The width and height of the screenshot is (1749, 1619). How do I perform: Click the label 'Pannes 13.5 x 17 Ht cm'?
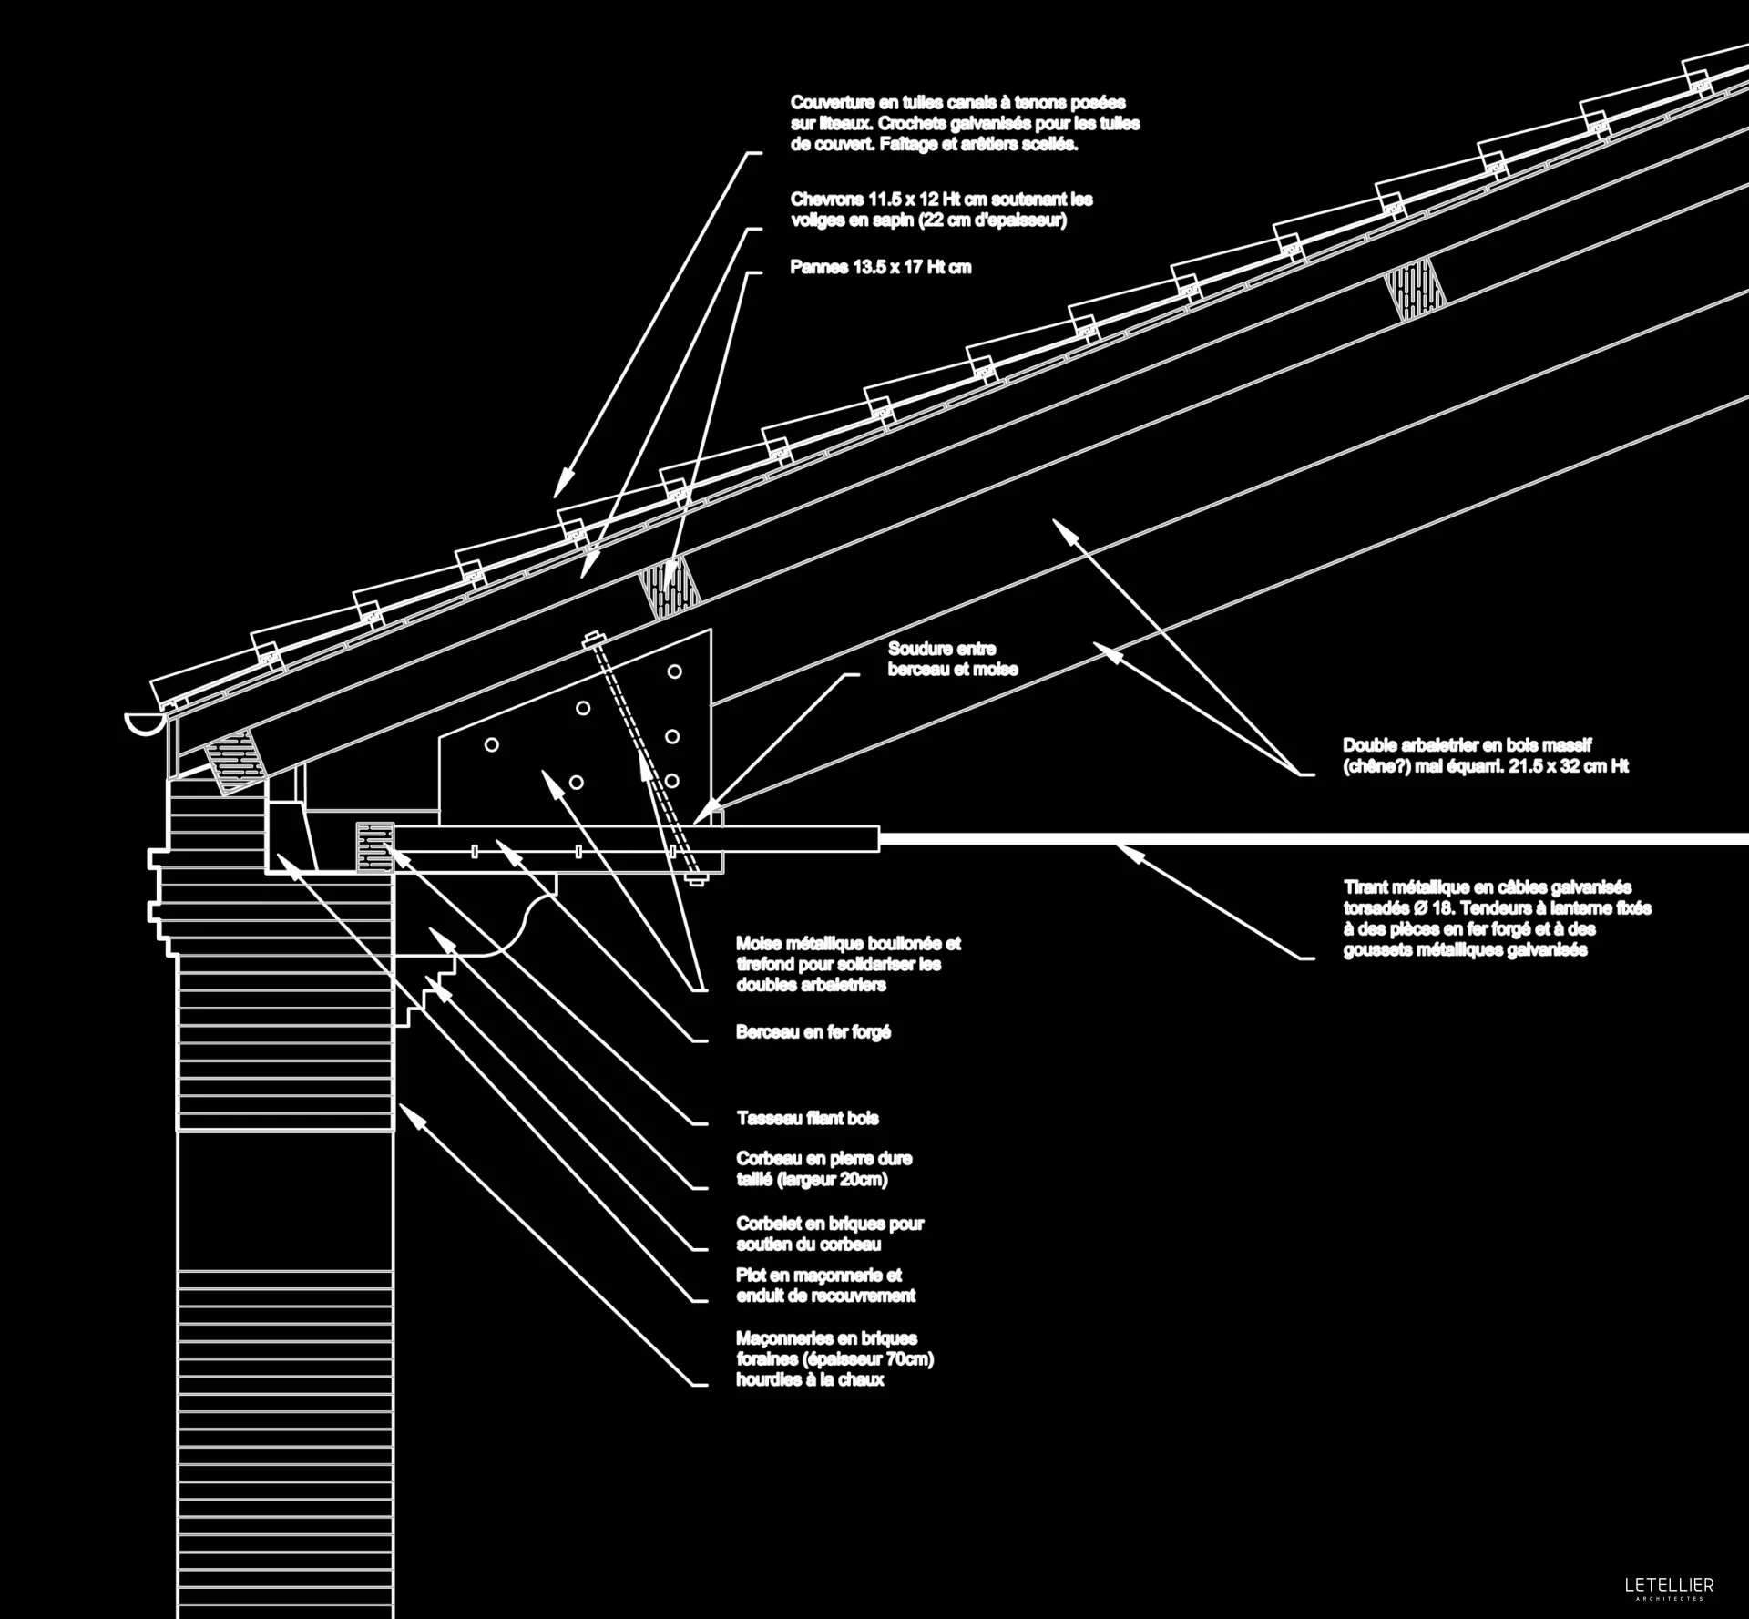pyautogui.click(x=880, y=268)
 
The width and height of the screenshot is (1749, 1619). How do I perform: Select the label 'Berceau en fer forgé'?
pyautogui.click(x=813, y=1032)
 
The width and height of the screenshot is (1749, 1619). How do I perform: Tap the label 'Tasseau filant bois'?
pyautogui.click(x=807, y=1118)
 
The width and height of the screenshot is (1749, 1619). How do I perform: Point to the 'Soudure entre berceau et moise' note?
pyautogui.click(x=952, y=659)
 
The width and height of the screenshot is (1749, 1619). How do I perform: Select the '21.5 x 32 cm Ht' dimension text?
pyautogui.click(x=1568, y=766)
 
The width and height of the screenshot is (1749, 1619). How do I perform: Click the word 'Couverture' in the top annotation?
pyautogui.click(x=832, y=103)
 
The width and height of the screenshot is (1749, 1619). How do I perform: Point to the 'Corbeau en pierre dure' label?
pyautogui.click(x=823, y=1159)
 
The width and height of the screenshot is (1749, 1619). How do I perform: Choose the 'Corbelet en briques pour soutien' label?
pyautogui.click(x=830, y=1234)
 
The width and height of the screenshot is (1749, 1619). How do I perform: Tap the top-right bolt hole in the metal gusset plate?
pyautogui.click(x=675, y=671)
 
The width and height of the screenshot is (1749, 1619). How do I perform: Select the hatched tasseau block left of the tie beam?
pyautogui.click(x=374, y=847)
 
